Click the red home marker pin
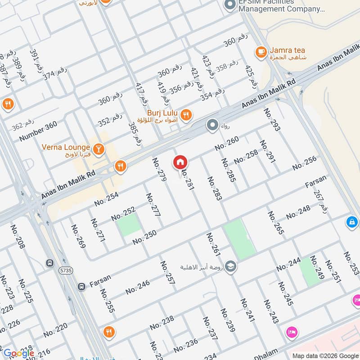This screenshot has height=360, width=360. pyautogui.click(x=180, y=162)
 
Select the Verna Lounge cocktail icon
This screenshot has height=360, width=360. pyautogui.click(x=99, y=148)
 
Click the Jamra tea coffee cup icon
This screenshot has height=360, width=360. pyautogui.click(x=261, y=53)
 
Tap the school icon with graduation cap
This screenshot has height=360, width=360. pyautogui.click(x=231, y=266)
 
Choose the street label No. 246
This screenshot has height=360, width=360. pyautogui.click(x=137, y=287)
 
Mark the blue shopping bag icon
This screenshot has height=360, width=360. pyautogui.click(x=351, y=222)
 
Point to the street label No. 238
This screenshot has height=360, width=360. pyautogui.click(x=162, y=323)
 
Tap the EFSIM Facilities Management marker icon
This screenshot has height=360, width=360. pyautogui.click(x=230, y=6)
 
